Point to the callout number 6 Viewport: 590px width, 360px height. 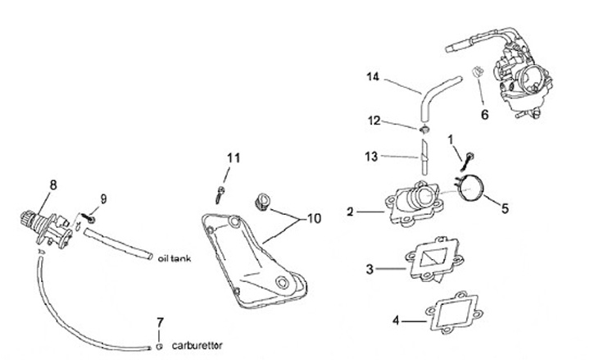pyautogui.click(x=484, y=115)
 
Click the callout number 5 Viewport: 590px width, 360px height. pyautogui.click(x=505, y=208)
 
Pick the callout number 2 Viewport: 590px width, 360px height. pyautogui.click(x=350, y=212)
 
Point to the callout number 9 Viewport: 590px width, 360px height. pyautogui.click(x=103, y=198)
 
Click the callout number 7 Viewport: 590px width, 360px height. pyautogui.click(x=161, y=320)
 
